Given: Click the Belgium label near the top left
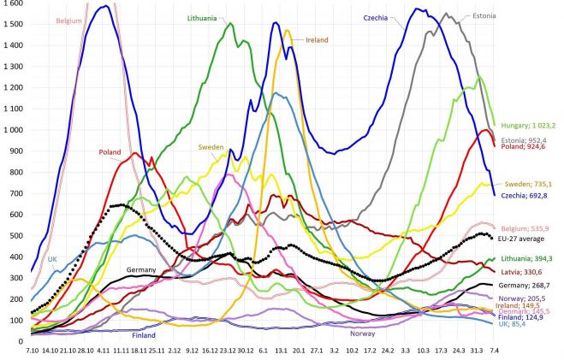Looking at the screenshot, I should [x=69, y=20].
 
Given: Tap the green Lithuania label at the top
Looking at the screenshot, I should [x=207, y=17].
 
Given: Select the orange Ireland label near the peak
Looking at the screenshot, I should [x=317, y=38].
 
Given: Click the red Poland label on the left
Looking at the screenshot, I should [x=110, y=152].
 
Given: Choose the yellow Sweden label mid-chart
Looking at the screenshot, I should [x=211, y=147].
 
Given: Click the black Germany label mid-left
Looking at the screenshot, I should [x=141, y=269].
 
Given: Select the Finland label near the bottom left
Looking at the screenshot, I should [x=144, y=335].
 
